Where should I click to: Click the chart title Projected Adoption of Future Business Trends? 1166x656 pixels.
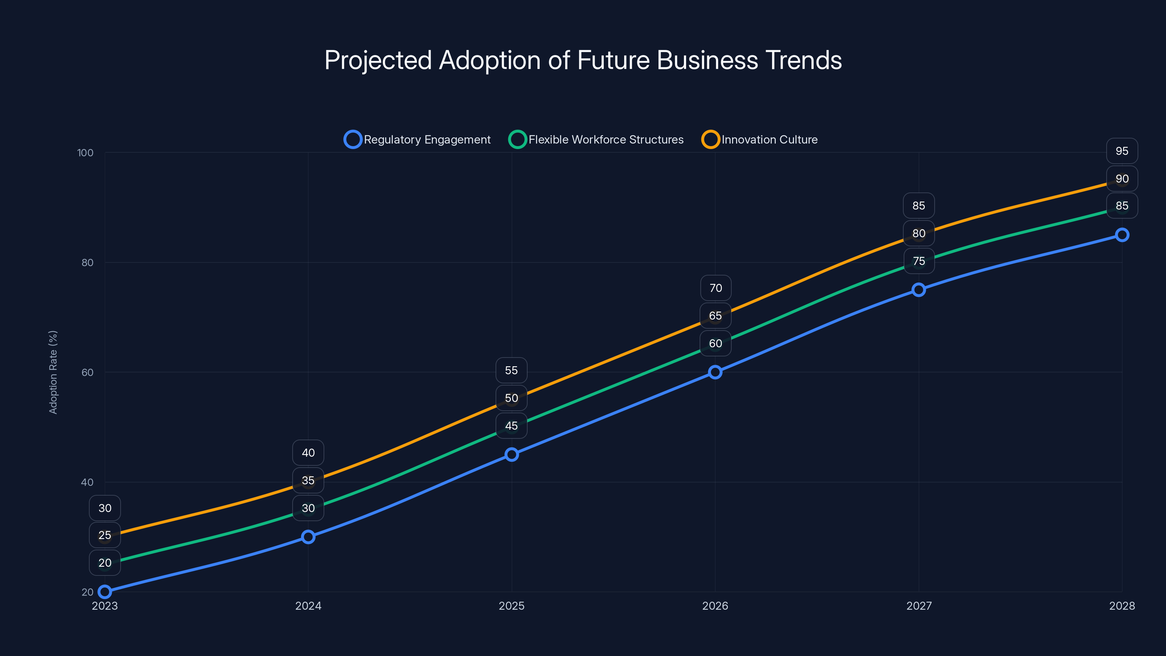click(583, 60)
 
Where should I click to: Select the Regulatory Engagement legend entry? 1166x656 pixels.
click(417, 140)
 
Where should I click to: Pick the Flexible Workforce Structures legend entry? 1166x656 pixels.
click(596, 140)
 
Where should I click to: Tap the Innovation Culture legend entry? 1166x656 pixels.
click(760, 140)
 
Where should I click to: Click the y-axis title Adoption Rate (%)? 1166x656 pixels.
click(53, 372)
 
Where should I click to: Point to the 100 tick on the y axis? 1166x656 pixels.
click(85, 153)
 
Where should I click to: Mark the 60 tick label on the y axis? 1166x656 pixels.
click(87, 372)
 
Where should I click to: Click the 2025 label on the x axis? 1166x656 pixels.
click(512, 606)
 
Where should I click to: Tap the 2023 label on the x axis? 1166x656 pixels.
click(105, 606)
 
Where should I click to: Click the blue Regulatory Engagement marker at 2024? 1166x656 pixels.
click(308, 537)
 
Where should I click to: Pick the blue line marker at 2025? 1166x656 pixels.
click(512, 454)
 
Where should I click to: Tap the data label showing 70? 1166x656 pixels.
click(716, 288)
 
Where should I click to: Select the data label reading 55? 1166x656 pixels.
click(512, 370)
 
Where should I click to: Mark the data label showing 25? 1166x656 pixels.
click(105, 535)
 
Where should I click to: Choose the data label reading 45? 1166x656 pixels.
click(512, 426)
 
